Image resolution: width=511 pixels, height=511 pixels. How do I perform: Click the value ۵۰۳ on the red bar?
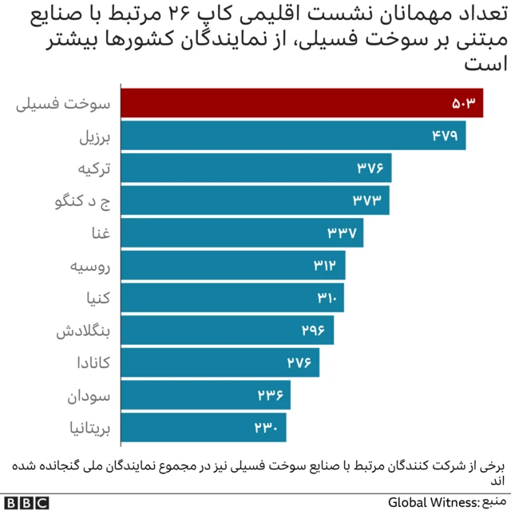coord(463,104)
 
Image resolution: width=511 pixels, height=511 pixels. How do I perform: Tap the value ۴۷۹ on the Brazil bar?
coord(445,136)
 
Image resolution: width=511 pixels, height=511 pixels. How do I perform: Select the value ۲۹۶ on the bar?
coord(313,330)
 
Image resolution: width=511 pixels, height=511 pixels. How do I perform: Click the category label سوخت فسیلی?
coord(65,104)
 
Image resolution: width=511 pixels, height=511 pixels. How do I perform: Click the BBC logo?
coord(26,502)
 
